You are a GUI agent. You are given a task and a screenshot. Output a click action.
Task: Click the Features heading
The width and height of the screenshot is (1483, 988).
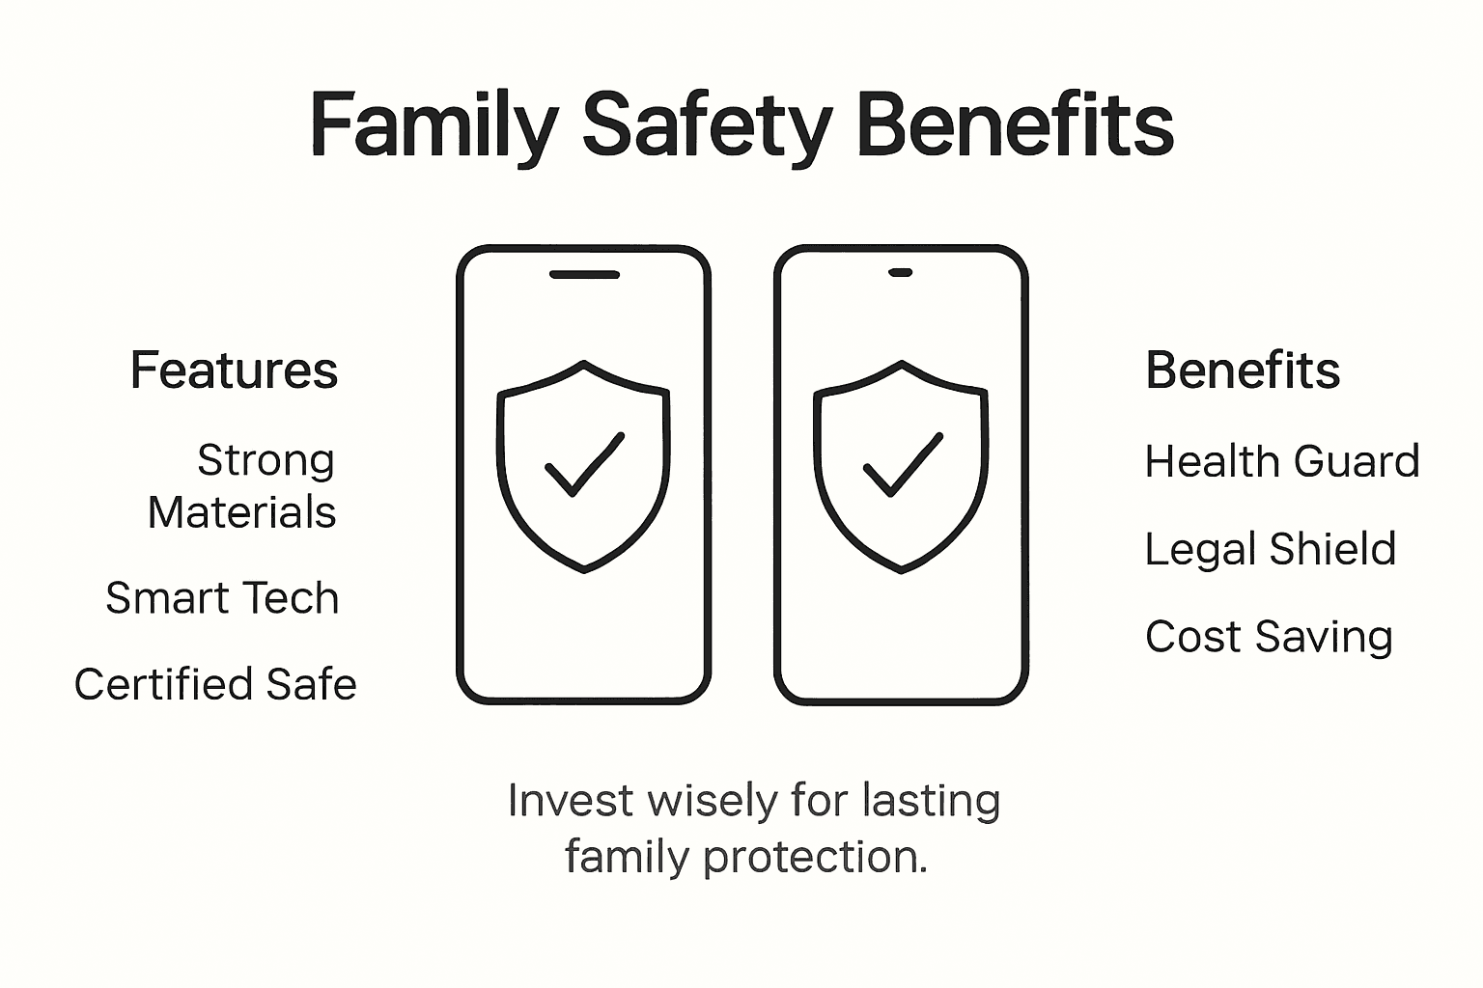click(x=235, y=370)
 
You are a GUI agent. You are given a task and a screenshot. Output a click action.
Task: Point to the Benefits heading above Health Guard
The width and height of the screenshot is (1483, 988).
click(x=1243, y=370)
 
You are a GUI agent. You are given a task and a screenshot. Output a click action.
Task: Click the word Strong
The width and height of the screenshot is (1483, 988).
click(x=266, y=460)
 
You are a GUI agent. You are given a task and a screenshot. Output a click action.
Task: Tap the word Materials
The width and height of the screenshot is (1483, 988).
click(x=242, y=512)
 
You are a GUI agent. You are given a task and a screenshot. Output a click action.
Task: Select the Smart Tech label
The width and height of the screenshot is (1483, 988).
click(x=222, y=598)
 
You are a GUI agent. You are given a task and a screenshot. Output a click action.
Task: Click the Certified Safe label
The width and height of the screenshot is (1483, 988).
click(x=215, y=684)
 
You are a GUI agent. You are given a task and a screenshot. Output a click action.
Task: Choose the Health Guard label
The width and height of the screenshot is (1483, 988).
click(x=1282, y=461)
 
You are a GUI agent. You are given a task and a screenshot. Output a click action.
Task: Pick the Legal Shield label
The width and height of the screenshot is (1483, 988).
click(x=1270, y=549)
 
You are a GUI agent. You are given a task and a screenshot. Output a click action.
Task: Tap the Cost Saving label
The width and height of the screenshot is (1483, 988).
click(x=1269, y=637)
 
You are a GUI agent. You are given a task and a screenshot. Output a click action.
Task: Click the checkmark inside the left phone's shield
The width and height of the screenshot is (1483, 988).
click(x=584, y=464)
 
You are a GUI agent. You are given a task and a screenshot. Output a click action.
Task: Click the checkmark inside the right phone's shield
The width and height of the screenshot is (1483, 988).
click(x=902, y=464)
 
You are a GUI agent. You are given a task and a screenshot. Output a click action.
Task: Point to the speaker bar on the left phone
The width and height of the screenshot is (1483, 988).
click(x=584, y=274)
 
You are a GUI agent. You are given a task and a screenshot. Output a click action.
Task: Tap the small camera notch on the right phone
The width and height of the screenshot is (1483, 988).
click(x=901, y=272)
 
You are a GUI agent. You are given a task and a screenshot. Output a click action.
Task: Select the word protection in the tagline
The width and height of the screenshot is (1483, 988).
click(x=816, y=857)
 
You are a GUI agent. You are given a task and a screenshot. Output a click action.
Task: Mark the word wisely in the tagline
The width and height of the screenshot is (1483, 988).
click(x=711, y=801)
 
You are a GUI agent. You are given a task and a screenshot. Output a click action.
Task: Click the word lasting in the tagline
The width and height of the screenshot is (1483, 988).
click(x=931, y=801)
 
